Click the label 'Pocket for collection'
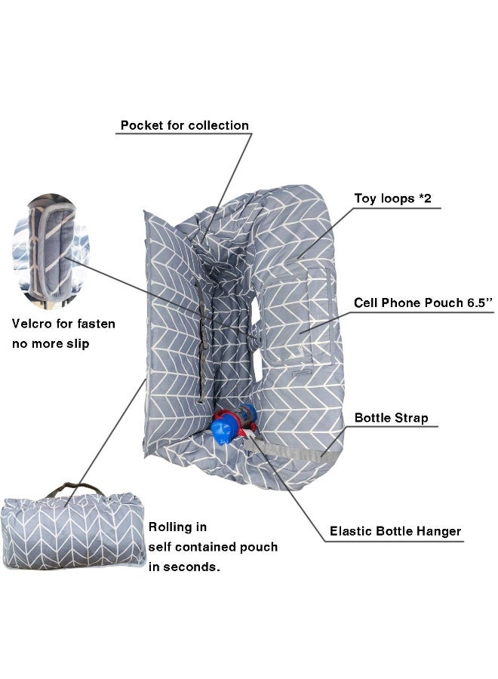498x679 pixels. pos(184,125)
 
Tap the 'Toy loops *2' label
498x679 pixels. pos(393,198)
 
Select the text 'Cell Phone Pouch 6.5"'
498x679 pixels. pos(423,303)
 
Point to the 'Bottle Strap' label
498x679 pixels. pos(391,418)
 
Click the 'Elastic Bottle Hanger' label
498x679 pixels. pos(395,531)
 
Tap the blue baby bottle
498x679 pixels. pos(234,423)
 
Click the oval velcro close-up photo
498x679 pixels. pos(51,251)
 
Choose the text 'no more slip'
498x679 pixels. pos(51,344)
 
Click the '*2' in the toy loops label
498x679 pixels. pos(425,198)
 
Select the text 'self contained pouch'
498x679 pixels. pos(213,547)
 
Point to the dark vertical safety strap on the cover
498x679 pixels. pos(201,342)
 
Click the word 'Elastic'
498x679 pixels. pos(350,531)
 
